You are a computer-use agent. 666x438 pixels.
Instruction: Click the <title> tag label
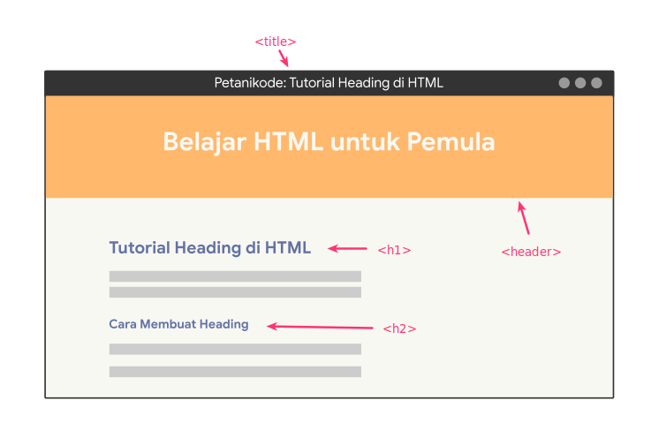point(275,42)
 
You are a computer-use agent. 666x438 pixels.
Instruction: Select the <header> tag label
point(531,252)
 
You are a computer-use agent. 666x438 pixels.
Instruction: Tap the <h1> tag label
point(394,250)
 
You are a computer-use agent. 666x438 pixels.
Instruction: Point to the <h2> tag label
point(399,328)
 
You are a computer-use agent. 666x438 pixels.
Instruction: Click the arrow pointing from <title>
point(284,58)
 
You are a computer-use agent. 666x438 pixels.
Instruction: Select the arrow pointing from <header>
point(524,217)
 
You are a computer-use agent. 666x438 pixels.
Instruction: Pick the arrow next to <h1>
point(347,249)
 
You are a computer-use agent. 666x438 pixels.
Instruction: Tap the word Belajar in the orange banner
point(202,142)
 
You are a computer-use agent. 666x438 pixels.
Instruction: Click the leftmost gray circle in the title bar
point(564,83)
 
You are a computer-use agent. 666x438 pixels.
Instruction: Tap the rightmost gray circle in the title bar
point(596,83)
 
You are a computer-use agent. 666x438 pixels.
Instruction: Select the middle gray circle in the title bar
point(580,83)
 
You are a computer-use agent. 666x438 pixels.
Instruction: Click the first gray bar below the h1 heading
point(235,276)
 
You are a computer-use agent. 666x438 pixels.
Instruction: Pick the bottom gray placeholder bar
point(235,372)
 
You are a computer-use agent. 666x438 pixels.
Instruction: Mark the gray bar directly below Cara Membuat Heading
point(235,349)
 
